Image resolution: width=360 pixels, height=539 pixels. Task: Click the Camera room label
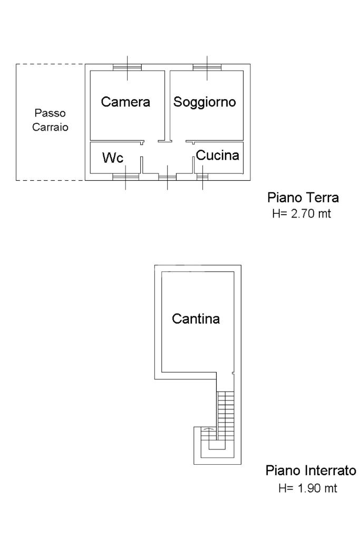125,102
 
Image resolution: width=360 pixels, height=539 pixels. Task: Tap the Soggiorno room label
205,102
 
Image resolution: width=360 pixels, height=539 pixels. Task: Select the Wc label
113,158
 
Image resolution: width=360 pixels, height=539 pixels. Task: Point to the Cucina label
218,155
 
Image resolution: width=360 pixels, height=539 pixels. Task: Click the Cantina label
196,319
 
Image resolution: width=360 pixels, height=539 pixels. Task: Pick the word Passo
50,113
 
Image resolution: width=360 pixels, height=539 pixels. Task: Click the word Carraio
50,127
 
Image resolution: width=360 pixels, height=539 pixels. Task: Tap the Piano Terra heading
303,198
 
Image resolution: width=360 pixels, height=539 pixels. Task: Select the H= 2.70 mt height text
301,213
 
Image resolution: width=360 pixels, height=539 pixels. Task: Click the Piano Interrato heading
311,471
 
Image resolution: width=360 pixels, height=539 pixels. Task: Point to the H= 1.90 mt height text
308,488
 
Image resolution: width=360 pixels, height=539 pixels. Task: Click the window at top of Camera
127,67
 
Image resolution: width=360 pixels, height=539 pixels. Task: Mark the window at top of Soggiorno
207,67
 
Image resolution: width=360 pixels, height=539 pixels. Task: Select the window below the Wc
125,177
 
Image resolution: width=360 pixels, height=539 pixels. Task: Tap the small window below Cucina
202,177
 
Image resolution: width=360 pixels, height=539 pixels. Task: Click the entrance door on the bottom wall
168,177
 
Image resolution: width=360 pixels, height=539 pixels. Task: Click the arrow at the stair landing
208,429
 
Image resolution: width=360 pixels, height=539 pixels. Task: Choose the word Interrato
330,471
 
